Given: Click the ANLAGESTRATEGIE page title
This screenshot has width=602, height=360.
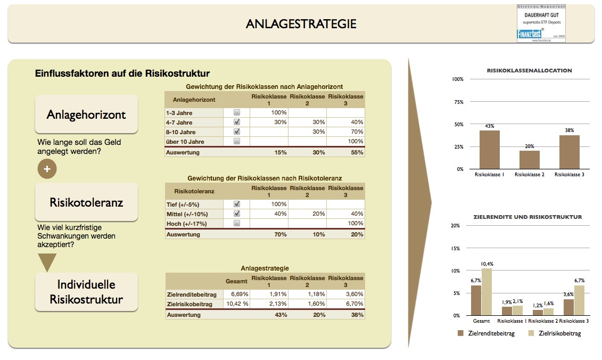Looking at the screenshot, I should [x=301, y=24].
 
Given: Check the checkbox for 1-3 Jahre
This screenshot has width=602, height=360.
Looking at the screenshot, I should [x=237, y=113].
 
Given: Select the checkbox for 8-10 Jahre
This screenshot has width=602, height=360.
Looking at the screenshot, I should [x=237, y=132].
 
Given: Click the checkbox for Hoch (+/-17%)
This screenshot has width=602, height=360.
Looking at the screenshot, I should [x=237, y=224].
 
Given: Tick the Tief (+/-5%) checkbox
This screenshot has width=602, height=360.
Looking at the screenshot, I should [x=237, y=204].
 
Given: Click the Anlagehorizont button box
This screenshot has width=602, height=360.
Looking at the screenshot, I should [x=86, y=114].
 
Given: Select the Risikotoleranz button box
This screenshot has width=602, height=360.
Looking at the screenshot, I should [x=86, y=202].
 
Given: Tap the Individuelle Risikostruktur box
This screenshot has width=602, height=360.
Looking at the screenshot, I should [x=86, y=292].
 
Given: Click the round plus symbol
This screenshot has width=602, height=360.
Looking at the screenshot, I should [x=47, y=169].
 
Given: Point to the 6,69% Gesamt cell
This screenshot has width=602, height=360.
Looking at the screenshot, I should [x=236, y=294].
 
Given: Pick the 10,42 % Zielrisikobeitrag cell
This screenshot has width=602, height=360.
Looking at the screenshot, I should [x=236, y=304].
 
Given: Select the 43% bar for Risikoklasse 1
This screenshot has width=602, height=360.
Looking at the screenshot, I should [x=489, y=150].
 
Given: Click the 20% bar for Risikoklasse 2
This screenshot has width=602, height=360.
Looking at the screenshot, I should [x=529, y=160].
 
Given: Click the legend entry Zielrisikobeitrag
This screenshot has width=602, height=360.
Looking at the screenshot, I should [x=554, y=333].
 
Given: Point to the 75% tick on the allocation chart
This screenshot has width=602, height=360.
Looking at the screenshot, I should [x=457, y=102].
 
